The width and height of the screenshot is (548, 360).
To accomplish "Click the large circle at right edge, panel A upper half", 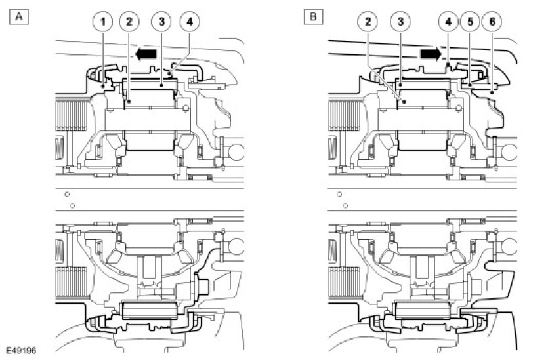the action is click(x=235, y=150).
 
